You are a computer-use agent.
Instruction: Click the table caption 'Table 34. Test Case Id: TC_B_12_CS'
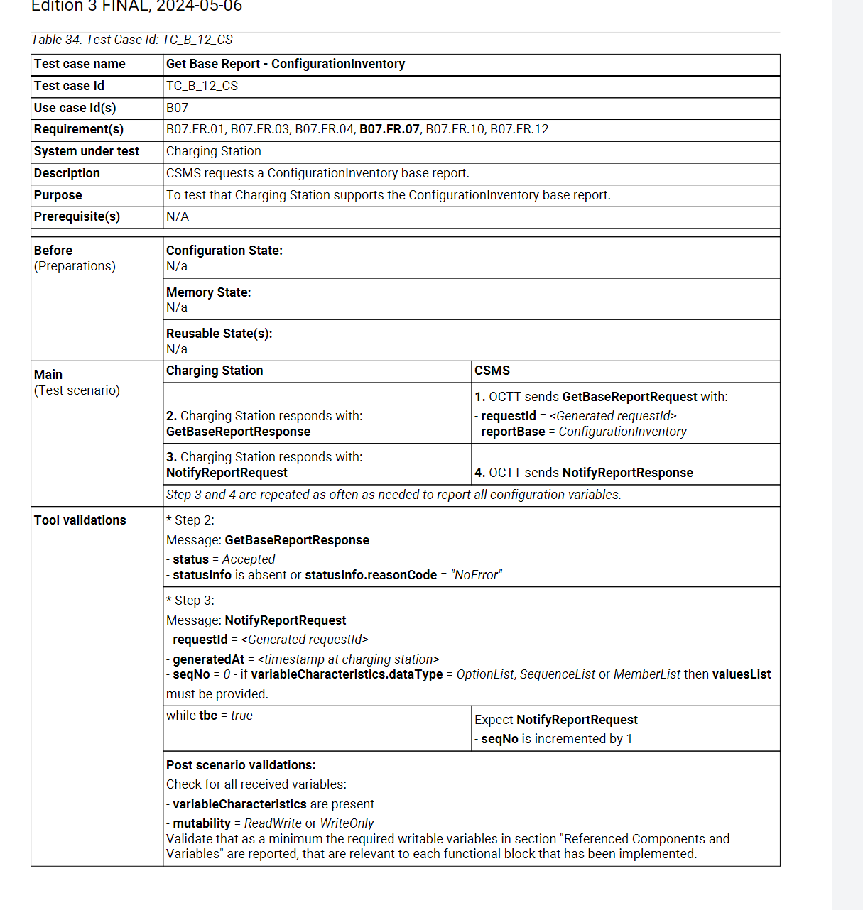coord(132,40)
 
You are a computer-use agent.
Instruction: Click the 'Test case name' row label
coord(80,64)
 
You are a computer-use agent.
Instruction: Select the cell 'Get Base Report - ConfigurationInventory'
coord(286,64)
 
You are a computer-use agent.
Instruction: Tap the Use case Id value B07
coord(177,108)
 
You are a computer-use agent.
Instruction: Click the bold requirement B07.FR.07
coord(389,129)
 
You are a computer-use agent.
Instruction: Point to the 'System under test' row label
coord(87,151)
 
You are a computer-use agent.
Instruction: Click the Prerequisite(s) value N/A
coord(178,216)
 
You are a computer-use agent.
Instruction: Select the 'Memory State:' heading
coord(208,292)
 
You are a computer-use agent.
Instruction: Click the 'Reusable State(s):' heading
coord(219,334)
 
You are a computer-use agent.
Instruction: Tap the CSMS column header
coord(492,371)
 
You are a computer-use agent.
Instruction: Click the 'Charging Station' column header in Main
coord(215,371)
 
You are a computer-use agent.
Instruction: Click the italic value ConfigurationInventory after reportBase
coord(622,432)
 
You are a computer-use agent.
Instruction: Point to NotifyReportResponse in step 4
coord(627,473)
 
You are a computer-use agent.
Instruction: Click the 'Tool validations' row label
coord(80,520)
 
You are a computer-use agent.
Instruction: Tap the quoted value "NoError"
coord(476,575)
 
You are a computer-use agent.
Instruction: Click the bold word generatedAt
coord(208,659)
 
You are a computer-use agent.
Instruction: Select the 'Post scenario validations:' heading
coord(241,765)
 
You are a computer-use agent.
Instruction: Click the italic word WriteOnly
coord(347,823)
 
